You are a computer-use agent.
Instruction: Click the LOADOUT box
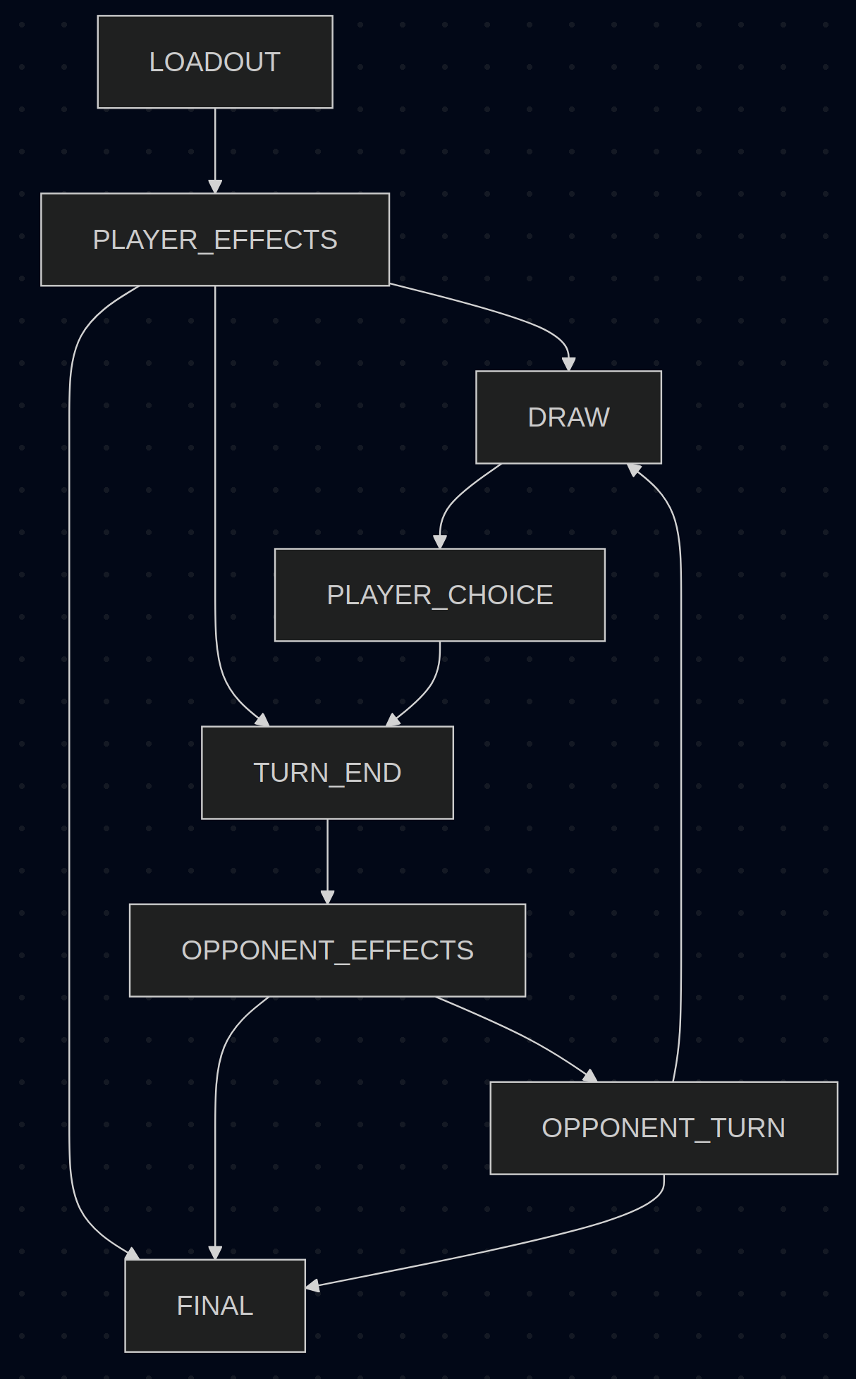215,62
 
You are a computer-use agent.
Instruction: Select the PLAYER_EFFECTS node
215,240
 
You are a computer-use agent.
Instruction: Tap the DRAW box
568,417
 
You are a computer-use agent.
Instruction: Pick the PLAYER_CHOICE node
439,595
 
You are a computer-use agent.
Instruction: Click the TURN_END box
327,773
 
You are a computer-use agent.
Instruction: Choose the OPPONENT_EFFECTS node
327,950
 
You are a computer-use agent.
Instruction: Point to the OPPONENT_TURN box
664,1128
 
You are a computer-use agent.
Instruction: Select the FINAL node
215,1306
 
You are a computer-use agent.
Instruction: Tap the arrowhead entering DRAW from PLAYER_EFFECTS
568,364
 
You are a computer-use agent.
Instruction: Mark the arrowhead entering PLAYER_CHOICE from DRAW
440,541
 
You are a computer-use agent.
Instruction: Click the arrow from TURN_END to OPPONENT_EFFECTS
327,861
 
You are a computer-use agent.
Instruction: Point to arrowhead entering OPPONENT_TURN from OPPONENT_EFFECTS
591,1076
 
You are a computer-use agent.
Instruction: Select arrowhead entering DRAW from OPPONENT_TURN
634,469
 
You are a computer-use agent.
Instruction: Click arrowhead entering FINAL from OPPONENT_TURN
312,1287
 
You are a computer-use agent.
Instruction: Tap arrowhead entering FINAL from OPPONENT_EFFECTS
215,1253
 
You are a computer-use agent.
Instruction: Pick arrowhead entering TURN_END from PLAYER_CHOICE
393,721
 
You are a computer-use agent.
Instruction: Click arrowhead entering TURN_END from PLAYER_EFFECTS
263,721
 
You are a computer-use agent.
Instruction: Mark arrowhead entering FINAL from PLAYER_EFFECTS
133,1254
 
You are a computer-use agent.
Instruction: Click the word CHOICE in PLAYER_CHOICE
500,595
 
